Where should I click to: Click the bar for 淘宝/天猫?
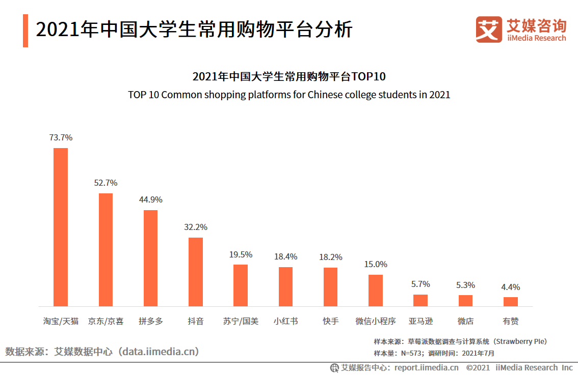coord(61,227)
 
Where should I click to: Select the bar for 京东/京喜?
coord(106,249)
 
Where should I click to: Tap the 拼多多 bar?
coord(150,258)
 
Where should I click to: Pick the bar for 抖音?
coord(196,272)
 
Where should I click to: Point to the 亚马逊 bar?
coord(421,300)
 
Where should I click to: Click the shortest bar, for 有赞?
coord(510,302)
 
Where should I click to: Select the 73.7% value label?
coord(61,137)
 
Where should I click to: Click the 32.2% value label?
coord(196,227)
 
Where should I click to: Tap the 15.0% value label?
coord(376,264)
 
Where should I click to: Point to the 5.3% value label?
coord(465,285)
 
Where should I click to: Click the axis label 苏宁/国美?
coord(241,321)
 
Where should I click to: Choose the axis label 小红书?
coord(285,321)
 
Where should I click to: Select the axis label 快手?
coord(330,321)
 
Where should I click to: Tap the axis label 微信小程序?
coord(376,321)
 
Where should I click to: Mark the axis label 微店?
coord(465,321)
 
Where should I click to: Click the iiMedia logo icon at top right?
coord(489,30)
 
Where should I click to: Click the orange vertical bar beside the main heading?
coord(25,31)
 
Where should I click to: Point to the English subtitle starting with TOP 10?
coord(289,95)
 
